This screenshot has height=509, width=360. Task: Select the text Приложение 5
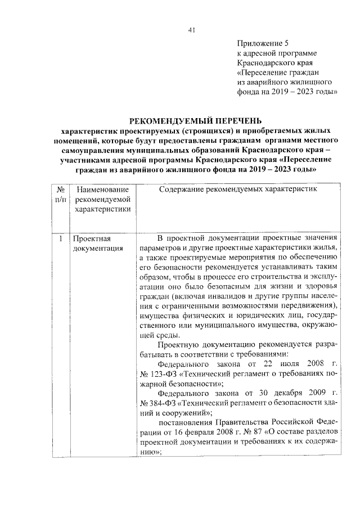[263, 43]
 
